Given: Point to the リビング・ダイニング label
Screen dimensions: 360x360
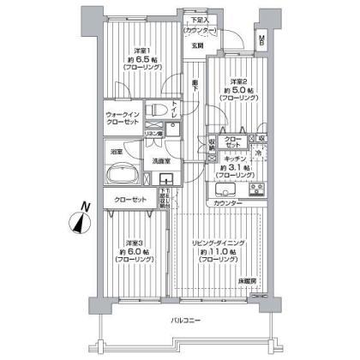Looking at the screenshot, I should (219, 243).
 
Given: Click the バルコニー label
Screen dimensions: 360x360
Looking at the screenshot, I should (180, 321).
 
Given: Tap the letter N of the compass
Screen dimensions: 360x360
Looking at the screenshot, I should (75, 206).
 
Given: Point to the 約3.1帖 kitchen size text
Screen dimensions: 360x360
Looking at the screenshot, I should (237, 168).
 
